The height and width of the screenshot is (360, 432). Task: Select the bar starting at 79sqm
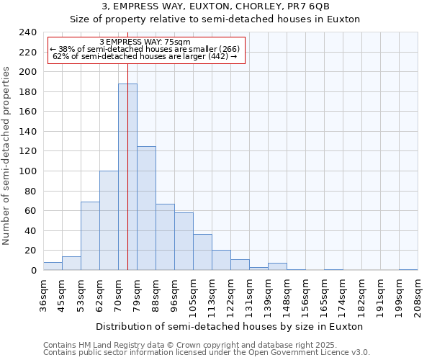(x=146, y=208)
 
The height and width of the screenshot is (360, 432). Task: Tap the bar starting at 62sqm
(x=109, y=220)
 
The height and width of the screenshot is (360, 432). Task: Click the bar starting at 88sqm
(x=165, y=237)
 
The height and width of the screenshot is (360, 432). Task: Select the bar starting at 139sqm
(x=277, y=266)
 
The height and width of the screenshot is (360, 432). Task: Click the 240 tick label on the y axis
(x=27, y=32)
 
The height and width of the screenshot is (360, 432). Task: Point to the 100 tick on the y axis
(x=27, y=171)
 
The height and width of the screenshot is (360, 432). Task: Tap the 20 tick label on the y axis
(x=30, y=251)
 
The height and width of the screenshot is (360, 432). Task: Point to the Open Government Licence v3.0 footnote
(x=288, y=352)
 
